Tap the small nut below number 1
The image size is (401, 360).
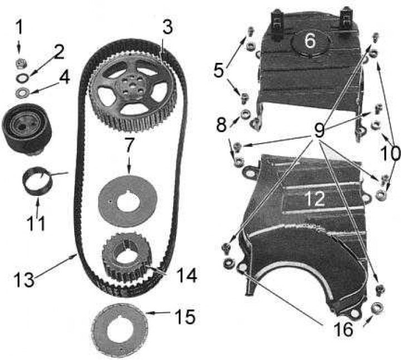21,63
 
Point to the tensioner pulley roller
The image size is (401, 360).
27,127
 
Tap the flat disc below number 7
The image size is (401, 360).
128,200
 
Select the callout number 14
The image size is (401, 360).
187,275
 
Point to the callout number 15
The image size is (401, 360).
185,317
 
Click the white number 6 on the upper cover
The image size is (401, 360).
310,41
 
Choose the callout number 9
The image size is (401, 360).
319,130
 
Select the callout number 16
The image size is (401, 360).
343,329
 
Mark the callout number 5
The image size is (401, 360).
219,70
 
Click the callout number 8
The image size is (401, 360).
222,125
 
